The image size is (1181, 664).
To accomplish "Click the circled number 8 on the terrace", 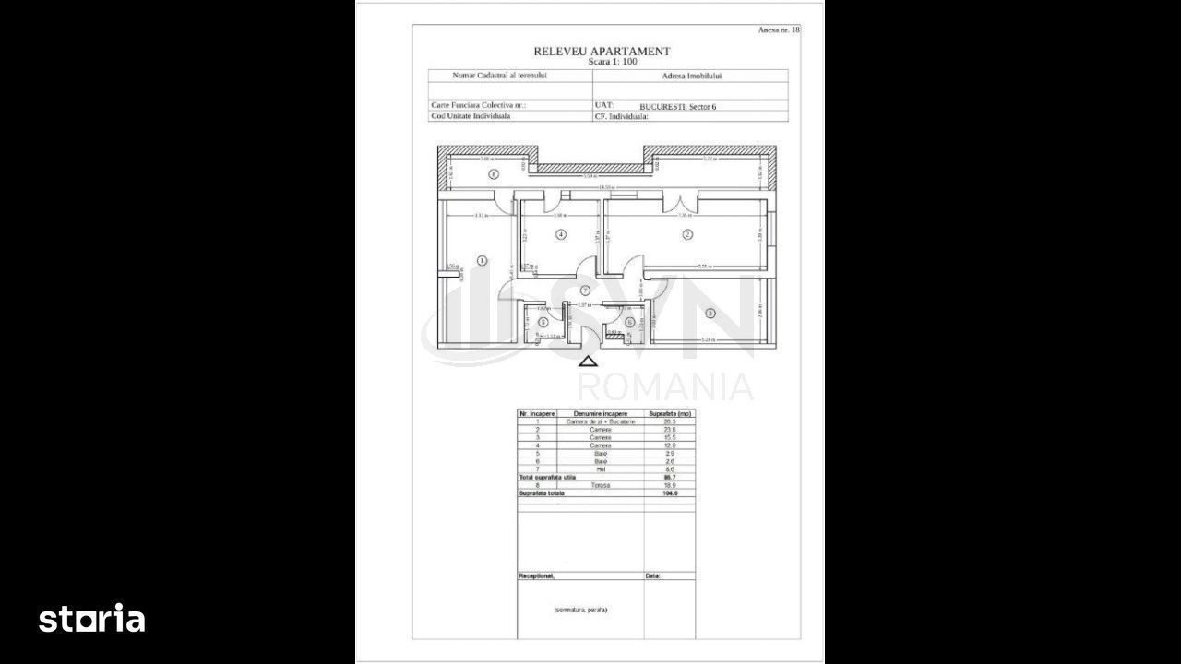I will coord(495,173).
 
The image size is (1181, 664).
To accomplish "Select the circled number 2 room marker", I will coord(687,234).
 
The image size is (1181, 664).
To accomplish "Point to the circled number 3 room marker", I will coord(710,314).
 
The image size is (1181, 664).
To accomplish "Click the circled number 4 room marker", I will coord(560,234).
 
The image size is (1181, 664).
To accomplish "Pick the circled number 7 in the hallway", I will coord(585,290).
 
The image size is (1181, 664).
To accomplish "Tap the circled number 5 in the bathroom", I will coord(543,321).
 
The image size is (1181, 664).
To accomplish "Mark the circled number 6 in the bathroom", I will coord(630,322).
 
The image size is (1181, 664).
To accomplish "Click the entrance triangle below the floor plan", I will coord(589,361).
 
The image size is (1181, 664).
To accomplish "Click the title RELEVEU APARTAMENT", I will coord(602,52).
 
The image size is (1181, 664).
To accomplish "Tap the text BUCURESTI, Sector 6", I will coord(677,107).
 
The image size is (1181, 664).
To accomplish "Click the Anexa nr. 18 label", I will coord(779,30).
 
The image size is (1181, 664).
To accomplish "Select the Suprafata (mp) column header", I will coord(670,414).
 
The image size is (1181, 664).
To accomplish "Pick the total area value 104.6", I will coord(670,493).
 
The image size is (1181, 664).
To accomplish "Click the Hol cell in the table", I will coord(601,469).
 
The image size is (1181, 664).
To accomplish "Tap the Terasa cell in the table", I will coord(601,485).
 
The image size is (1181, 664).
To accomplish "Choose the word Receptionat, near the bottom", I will coord(537,575).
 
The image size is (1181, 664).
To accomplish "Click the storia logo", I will coord(91,619).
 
